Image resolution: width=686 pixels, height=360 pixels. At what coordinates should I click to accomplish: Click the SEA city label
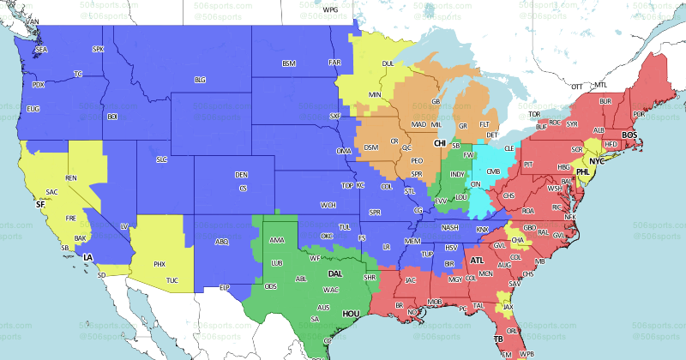point(41,51)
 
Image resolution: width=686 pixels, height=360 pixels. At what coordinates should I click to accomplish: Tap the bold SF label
point(39,205)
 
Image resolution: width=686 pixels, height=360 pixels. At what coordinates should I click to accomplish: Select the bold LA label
point(87,256)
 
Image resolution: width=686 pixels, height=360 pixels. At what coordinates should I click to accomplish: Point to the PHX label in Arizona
point(159,264)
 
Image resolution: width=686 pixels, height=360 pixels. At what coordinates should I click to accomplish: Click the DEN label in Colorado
point(242,175)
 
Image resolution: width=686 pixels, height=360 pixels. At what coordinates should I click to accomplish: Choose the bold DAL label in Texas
point(335,274)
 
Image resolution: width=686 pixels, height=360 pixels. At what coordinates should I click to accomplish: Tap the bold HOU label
point(350,314)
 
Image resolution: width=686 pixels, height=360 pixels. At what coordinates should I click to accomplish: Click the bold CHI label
point(440,143)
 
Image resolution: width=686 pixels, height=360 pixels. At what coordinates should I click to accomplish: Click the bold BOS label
point(629,135)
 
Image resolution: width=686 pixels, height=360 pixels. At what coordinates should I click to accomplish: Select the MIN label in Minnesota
point(375,93)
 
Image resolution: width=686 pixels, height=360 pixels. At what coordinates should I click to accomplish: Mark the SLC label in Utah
point(161,159)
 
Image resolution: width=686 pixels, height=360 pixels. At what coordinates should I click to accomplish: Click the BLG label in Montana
point(200,80)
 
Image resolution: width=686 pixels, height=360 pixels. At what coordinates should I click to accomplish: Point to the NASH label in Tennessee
point(450,227)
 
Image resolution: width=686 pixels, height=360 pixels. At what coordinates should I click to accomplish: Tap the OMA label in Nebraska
point(344,152)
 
